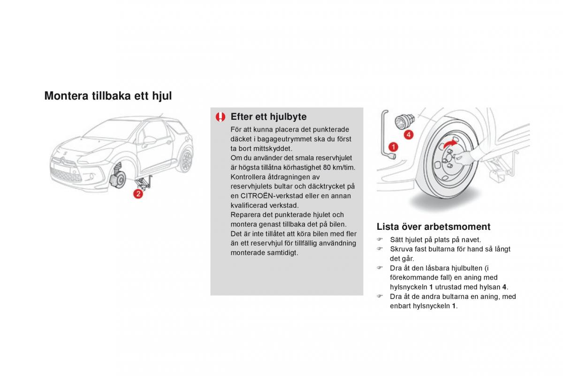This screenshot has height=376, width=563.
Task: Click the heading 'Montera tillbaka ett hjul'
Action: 108,96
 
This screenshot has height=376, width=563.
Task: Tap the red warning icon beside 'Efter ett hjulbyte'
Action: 221,117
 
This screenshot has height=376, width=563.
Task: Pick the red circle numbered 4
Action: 409,135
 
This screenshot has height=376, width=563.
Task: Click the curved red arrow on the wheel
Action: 450,143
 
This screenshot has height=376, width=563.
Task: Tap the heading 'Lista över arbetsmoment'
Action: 434,227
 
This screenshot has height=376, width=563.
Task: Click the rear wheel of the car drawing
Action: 187,159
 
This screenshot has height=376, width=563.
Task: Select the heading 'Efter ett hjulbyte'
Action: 268,117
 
